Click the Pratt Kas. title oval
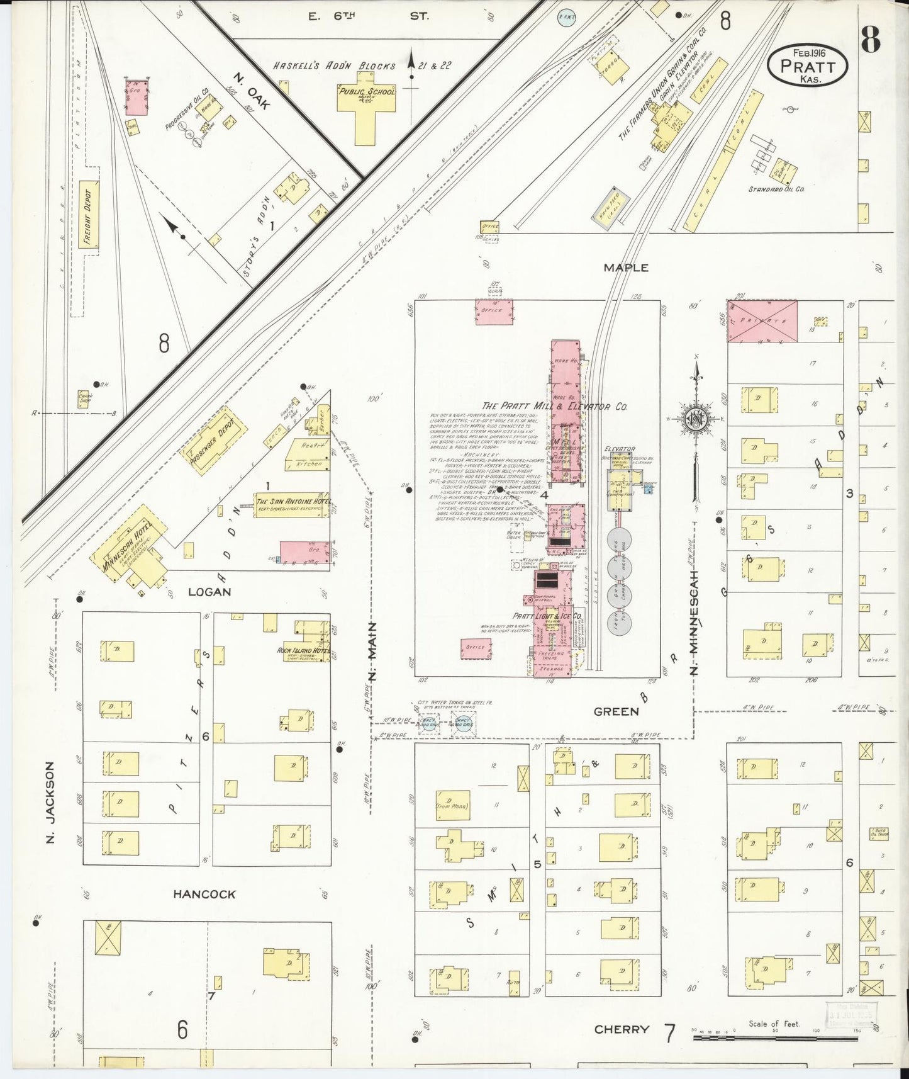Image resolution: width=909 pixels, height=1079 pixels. [x=808, y=65]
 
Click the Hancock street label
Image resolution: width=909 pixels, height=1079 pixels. [x=204, y=894]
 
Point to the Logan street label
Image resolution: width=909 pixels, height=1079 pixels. [x=209, y=592]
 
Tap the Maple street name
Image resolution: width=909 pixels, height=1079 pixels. [x=625, y=268]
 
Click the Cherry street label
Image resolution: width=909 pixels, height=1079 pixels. [x=622, y=1029]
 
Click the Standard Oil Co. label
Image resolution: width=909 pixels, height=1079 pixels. [x=776, y=188]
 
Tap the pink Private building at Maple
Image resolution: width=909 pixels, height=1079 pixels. [x=762, y=321]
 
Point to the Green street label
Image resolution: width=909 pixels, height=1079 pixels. [x=616, y=711]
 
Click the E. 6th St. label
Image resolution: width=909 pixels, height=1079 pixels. [x=368, y=16]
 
